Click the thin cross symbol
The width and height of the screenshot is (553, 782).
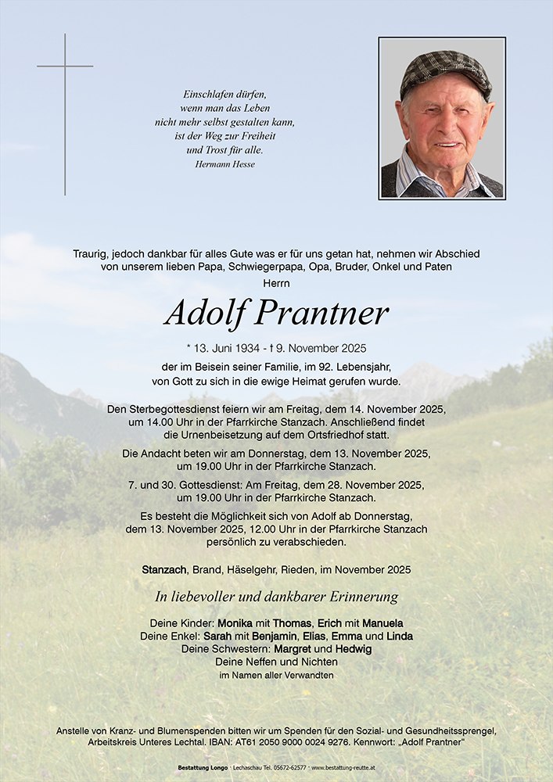point(65,66)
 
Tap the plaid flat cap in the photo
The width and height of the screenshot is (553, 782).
point(445,71)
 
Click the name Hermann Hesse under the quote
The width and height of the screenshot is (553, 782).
point(224,164)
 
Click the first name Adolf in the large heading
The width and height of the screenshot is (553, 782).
point(205,314)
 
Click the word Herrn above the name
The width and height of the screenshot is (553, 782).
point(276,282)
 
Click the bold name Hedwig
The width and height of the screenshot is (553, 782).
point(353,649)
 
